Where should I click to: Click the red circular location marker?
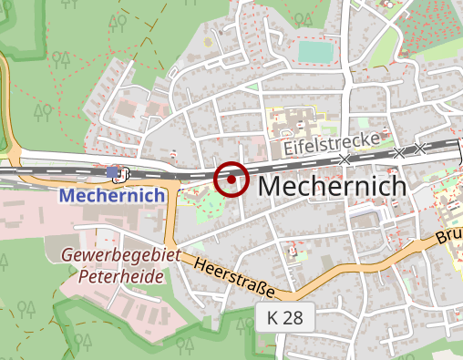coord(231,179)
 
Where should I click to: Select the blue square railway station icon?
coord(112,171)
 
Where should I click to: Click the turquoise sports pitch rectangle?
coord(315,52)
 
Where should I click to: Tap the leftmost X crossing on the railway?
coord(345,159)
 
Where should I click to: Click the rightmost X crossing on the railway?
coord(419,148)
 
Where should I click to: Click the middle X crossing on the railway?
coord(397,151)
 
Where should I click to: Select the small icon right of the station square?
coord(124,172)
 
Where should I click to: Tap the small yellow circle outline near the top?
coord(208,41)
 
